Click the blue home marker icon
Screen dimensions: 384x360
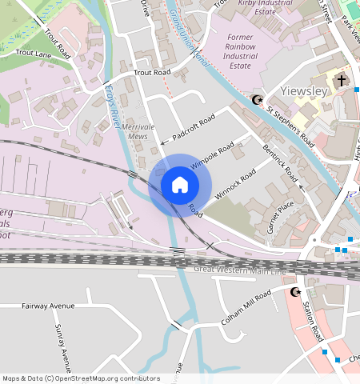pos(180,185)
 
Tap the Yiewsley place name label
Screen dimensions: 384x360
pos(304,90)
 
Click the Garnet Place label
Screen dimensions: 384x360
pos(281,216)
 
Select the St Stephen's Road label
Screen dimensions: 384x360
pos(290,123)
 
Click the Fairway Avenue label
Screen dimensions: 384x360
pos(48,306)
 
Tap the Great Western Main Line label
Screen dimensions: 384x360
pos(239,272)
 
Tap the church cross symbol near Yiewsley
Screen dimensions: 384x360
pos(342,81)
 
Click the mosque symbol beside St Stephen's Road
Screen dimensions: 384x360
pos(257,100)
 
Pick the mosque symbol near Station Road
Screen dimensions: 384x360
pos(295,292)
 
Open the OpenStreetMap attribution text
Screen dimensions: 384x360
pos(81,378)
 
